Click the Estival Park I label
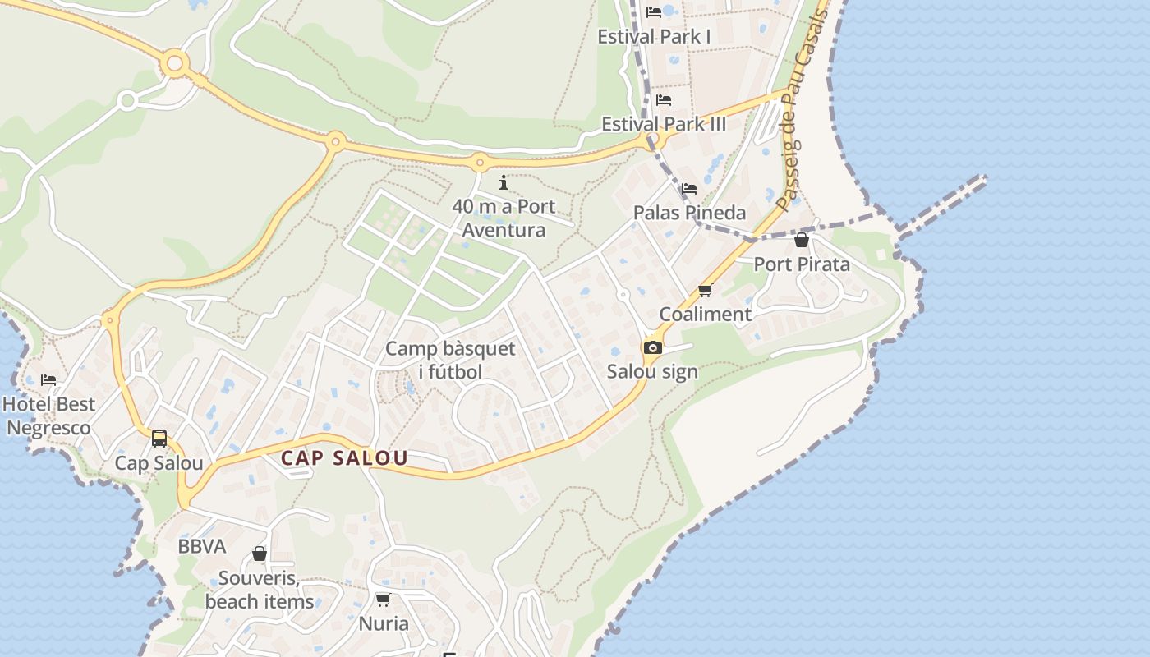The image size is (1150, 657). click(654, 37)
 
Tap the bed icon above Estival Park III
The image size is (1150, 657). click(664, 100)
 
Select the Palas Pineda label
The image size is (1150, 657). click(689, 213)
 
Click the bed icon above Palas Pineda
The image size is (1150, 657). click(689, 189)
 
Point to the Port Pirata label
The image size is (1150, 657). click(802, 264)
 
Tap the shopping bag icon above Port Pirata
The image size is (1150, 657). click(802, 240)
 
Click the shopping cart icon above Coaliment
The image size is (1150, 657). click(705, 290)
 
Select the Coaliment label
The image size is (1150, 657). click(705, 314)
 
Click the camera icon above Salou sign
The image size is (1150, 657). click(653, 347)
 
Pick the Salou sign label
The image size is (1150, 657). click(652, 371)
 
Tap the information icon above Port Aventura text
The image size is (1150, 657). click(504, 182)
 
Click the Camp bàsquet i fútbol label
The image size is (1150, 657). click(450, 360)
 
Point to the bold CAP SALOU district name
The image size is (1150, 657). click(344, 458)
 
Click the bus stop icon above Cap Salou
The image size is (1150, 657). click(159, 439)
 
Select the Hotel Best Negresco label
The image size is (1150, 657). click(49, 416)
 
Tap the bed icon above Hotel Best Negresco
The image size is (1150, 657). click(48, 379)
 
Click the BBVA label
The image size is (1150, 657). click(201, 546)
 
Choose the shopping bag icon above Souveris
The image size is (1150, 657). click(260, 554)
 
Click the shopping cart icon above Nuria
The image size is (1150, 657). click(383, 600)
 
